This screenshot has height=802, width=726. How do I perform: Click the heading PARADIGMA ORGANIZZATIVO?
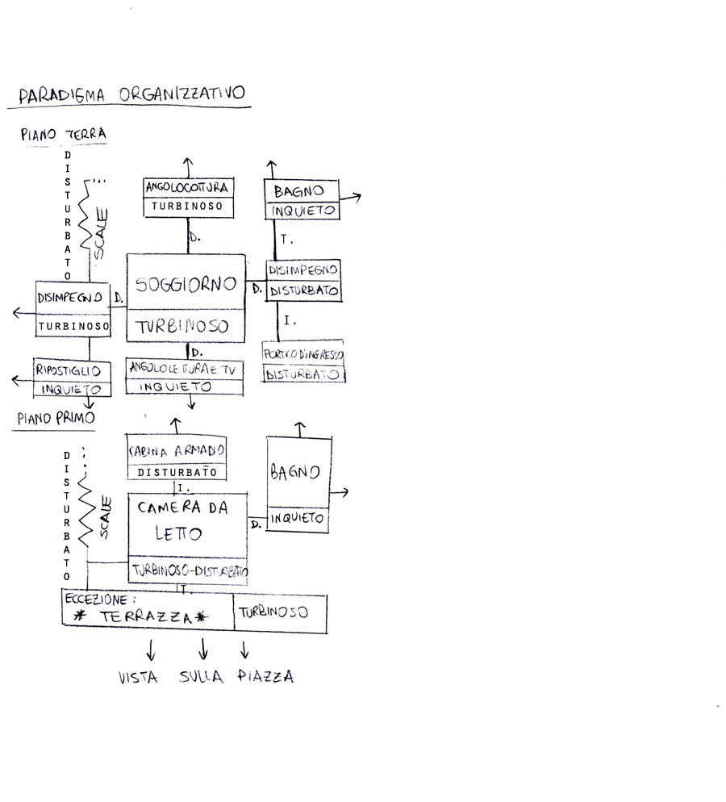131,94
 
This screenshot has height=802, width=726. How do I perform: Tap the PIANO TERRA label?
64,134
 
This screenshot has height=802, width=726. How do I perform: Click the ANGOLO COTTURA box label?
188,187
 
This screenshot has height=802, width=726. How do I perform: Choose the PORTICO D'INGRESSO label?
303,354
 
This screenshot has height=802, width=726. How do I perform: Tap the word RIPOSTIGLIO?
68,370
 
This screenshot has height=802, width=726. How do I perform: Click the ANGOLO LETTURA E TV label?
184,368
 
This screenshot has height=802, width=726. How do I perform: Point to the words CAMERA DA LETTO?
181,521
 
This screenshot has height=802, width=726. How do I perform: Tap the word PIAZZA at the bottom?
265,677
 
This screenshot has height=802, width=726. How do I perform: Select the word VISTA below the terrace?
138,678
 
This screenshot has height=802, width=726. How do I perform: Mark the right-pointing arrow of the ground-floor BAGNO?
354,196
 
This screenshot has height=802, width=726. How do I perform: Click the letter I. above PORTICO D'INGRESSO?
290,321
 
